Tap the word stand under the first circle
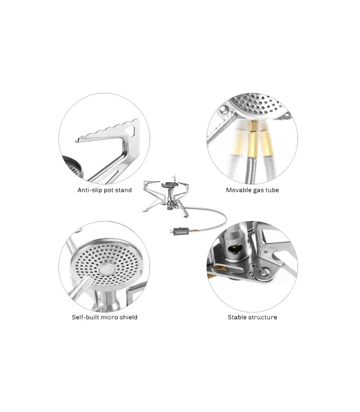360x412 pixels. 124,190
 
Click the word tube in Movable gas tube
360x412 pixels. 272,190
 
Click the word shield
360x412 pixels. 129,317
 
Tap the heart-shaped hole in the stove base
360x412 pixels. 235,250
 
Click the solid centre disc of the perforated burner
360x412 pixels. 107,269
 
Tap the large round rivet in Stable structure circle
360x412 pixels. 265,271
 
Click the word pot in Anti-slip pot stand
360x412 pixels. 109,190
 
